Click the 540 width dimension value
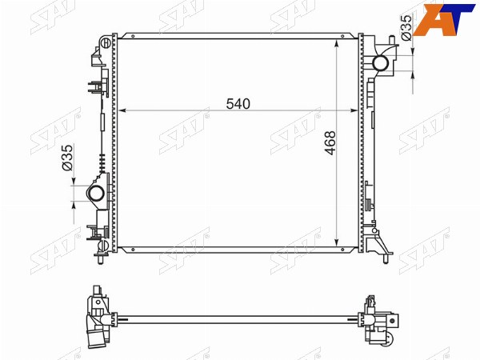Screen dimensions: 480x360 pyautogui.click(x=238, y=104)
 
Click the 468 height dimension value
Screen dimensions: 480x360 pyautogui.click(x=330, y=143)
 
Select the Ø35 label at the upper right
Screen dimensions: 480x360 pyautogui.click(x=406, y=27)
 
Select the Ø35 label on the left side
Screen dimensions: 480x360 pyautogui.click(x=67, y=158)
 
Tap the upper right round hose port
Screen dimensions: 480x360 pyautogui.click(x=381, y=63)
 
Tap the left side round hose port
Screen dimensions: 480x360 pyautogui.click(x=96, y=194)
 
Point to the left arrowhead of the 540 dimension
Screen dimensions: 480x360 pyautogui.click(x=122, y=110)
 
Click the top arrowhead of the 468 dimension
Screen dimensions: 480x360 pyautogui.click(x=337, y=43)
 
